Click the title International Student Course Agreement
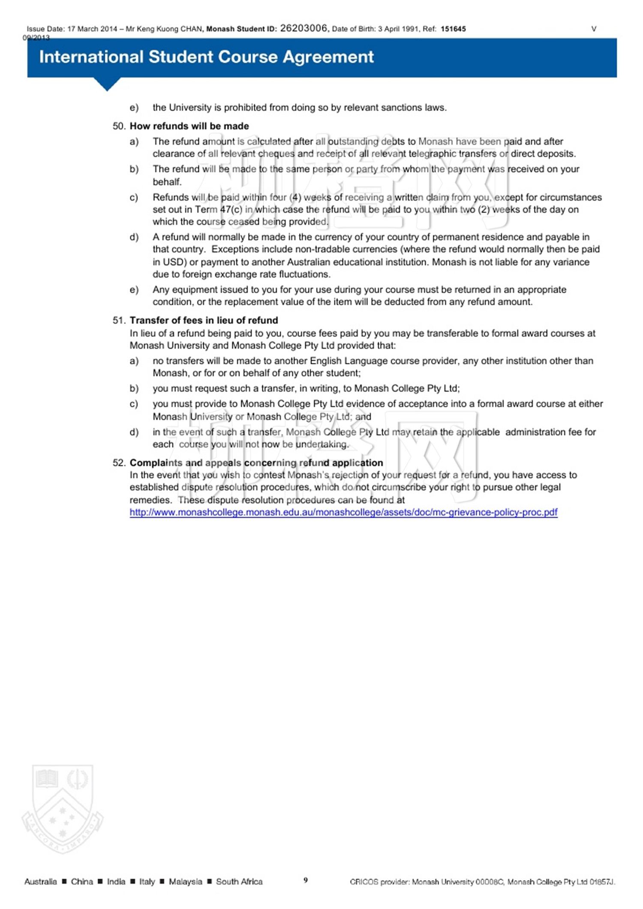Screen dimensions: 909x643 tap(206, 57)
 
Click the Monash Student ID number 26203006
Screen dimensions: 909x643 tap(303, 28)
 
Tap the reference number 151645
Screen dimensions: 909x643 tap(453, 29)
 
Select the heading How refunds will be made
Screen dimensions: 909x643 tap(189, 126)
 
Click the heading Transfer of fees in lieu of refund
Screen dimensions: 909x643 tap(204, 320)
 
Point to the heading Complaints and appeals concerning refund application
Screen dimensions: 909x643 tap(256, 463)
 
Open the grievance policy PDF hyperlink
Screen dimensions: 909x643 tap(343, 512)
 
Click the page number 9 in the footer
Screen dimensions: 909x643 tap(306, 880)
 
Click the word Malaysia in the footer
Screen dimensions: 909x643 tap(185, 882)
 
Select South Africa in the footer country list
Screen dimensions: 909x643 tap(239, 882)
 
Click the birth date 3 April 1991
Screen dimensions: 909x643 tap(398, 29)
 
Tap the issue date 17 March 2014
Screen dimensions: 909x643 tap(92, 29)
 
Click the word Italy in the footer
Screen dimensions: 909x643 tap(147, 882)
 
